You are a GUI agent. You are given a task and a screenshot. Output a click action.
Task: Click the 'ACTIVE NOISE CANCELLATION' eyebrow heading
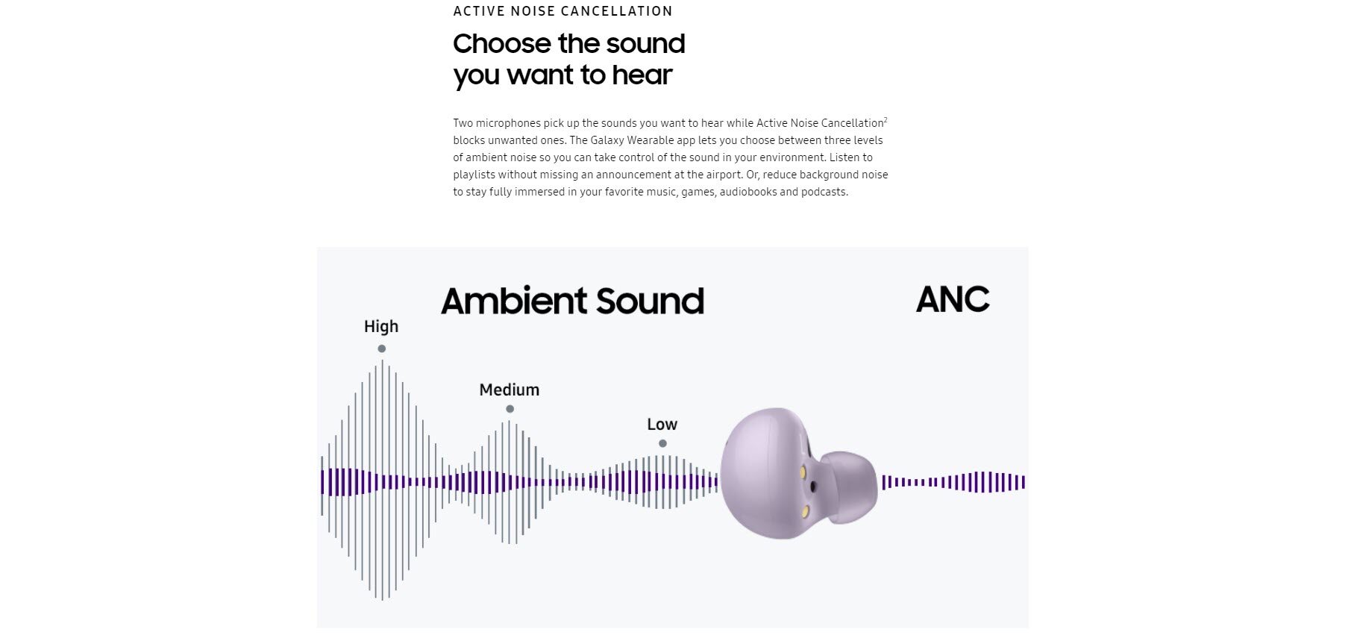coord(562,11)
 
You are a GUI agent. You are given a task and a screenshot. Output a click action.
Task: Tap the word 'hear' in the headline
coord(642,75)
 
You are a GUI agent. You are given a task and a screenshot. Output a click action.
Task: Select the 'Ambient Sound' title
coord(572,301)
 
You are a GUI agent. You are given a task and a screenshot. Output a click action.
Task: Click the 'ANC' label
coord(953,300)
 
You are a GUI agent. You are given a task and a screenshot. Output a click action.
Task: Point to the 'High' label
coord(381,326)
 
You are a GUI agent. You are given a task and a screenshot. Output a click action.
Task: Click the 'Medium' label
coord(509,390)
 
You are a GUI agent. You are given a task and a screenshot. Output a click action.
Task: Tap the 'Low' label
coord(662,424)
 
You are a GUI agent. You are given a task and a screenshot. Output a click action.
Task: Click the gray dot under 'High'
coord(381,348)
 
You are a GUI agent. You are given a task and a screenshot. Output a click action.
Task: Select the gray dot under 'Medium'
coord(510,409)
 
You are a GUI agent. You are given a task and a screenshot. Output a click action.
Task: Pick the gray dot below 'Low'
coord(662,443)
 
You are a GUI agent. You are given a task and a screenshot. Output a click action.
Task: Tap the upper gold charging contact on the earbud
coord(803,472)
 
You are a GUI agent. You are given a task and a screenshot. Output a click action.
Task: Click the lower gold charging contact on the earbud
coord(806,512)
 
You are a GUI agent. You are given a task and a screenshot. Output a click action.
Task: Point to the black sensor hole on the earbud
coord(813,487)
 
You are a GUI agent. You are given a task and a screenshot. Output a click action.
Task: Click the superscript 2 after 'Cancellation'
coord(886,120)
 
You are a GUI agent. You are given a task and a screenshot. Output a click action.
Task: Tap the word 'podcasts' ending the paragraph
coord(824,192)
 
